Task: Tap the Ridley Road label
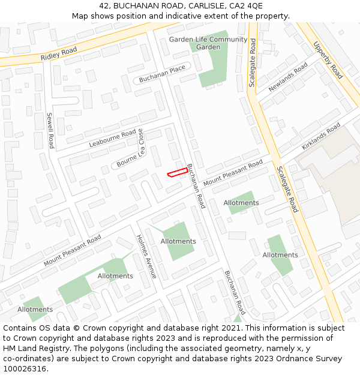click(59, 53)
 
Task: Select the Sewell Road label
click(50, 130)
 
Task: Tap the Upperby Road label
click(328, 60)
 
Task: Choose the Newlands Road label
click(288, 77)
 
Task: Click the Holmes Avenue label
click(146, 256)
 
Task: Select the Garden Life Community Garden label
click(208, 43)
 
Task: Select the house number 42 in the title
click(104, 6)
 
